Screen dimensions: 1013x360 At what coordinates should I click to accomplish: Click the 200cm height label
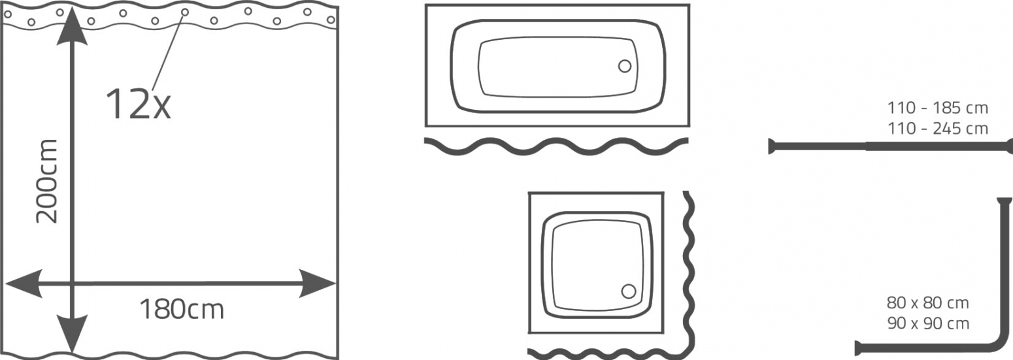coord(47,182)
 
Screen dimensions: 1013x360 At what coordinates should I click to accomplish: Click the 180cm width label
coord(182,310)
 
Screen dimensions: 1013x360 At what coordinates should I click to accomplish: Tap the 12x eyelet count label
coord(139,104)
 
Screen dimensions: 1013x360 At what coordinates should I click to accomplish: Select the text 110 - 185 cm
coord(938,108)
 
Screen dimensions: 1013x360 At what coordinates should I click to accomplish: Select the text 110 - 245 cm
coord(938,129)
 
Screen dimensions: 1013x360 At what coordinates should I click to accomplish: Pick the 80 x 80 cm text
coord(928,303)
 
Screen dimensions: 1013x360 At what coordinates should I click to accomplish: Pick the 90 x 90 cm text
coord(928,323)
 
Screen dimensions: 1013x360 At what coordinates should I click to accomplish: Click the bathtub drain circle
coord(625,67)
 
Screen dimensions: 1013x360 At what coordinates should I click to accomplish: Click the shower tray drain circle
coord(629,291)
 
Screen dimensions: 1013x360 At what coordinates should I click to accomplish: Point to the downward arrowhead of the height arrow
coord(72,334)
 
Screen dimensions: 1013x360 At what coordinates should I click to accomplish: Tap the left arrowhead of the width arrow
coord(24,284)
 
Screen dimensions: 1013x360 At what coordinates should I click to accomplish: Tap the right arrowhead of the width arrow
coord(317,284)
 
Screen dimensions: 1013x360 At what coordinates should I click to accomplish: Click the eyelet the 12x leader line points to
coord(185,12)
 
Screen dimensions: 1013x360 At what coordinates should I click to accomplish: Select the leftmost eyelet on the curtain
coord(7,14)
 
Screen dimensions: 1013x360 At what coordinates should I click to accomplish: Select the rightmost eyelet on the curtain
coord(331,20)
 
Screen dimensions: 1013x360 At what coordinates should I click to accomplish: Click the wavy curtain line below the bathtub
coord(556,146)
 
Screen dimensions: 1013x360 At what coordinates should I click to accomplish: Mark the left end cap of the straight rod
coord(771,146)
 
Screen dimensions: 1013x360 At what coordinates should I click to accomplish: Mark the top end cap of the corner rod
coord(1005,201)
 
